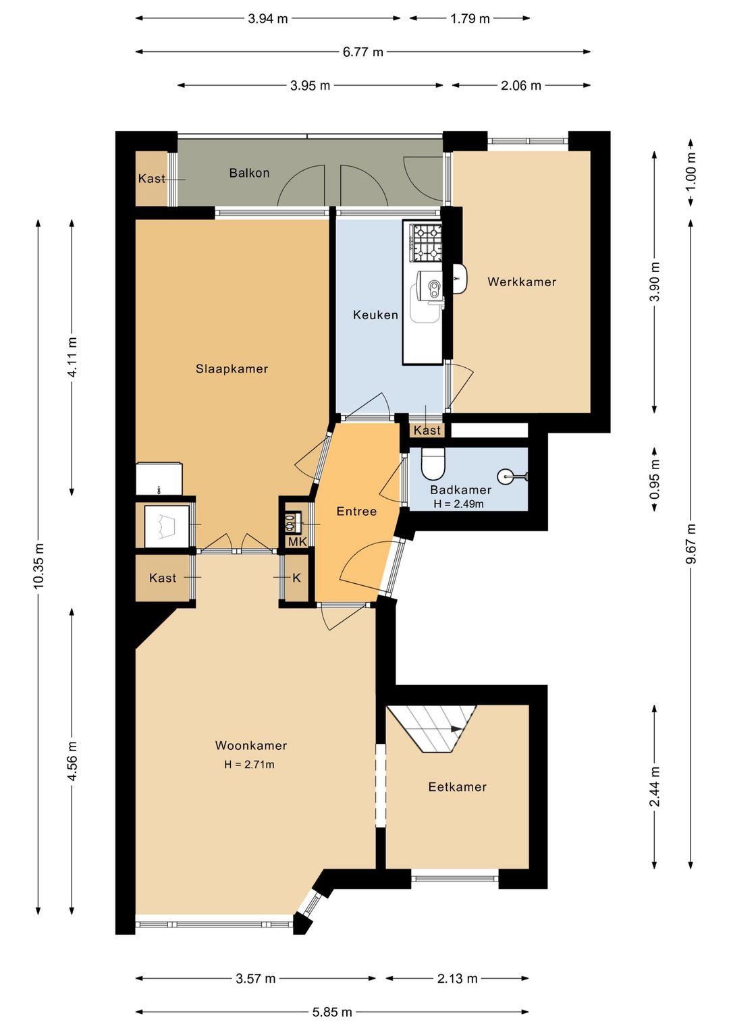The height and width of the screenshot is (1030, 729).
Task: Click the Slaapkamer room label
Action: [232, 369]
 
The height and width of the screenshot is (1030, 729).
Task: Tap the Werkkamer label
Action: [522, 282]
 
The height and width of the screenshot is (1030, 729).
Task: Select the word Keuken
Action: [375, 315]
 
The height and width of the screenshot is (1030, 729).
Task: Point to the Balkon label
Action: [249, 173]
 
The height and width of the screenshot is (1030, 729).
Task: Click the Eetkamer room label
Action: [457, 787]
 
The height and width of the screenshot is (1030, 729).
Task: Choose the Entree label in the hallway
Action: [356, 512]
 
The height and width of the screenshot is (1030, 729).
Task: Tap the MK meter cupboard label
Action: [297, 542]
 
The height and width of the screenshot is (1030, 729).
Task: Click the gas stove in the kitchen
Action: [427, 243]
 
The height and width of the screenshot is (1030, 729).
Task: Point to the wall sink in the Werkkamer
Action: [460, 279]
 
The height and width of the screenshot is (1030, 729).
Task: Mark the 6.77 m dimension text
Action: [363, 52]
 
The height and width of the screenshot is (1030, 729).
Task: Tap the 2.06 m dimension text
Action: [520, 86]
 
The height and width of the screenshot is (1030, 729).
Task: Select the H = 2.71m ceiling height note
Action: [249, 764]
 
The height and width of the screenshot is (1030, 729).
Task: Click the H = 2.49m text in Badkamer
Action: [458, 504]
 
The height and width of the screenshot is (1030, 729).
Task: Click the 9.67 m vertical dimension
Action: [692, 543]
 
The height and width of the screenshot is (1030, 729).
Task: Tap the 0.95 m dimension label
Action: [655, 479]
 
